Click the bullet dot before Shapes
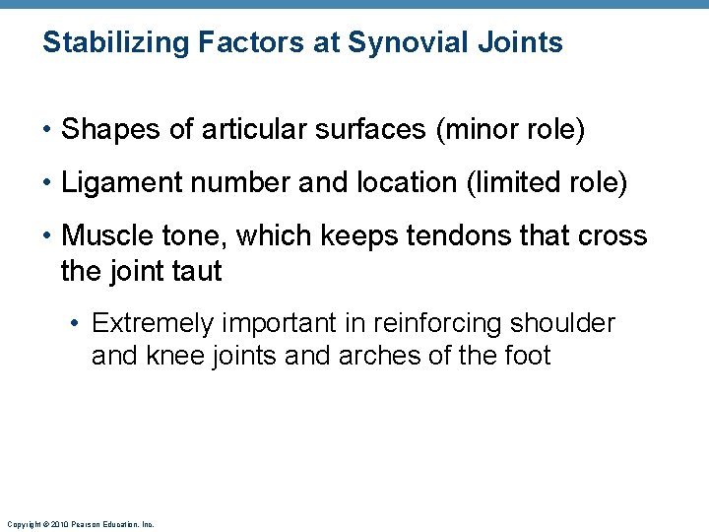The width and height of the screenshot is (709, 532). (47, 131)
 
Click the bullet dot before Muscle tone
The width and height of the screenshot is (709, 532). (47, 237)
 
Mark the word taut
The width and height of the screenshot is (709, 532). (196, 271)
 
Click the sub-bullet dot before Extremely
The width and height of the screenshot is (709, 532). (78, 324)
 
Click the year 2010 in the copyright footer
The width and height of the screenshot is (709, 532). (60, 525)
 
